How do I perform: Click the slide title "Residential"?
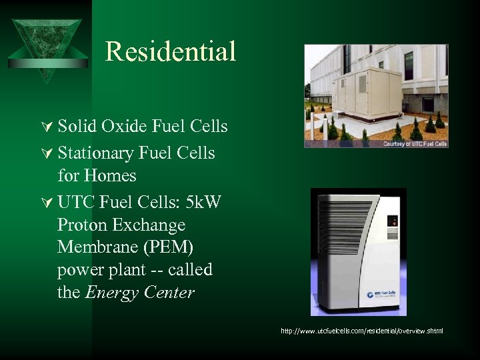170,51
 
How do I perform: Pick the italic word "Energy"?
111,293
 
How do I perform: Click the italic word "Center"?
168,293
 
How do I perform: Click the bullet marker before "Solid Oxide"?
46,127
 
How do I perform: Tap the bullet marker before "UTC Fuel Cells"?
46,201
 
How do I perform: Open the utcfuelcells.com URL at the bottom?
361,331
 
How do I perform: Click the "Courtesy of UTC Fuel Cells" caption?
414,143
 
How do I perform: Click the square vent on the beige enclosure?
361,83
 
